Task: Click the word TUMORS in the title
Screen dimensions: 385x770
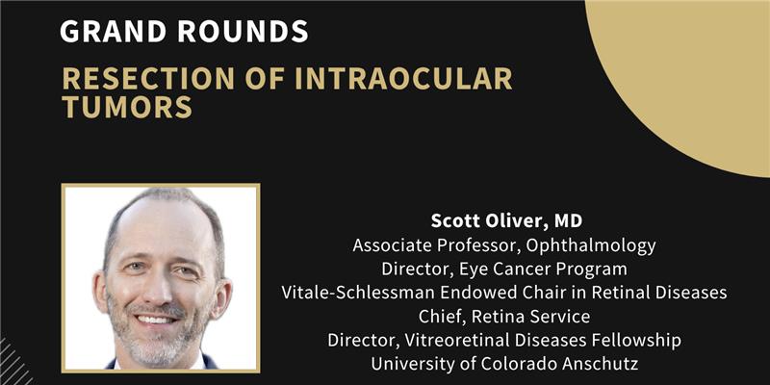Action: (x=127, y=107)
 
